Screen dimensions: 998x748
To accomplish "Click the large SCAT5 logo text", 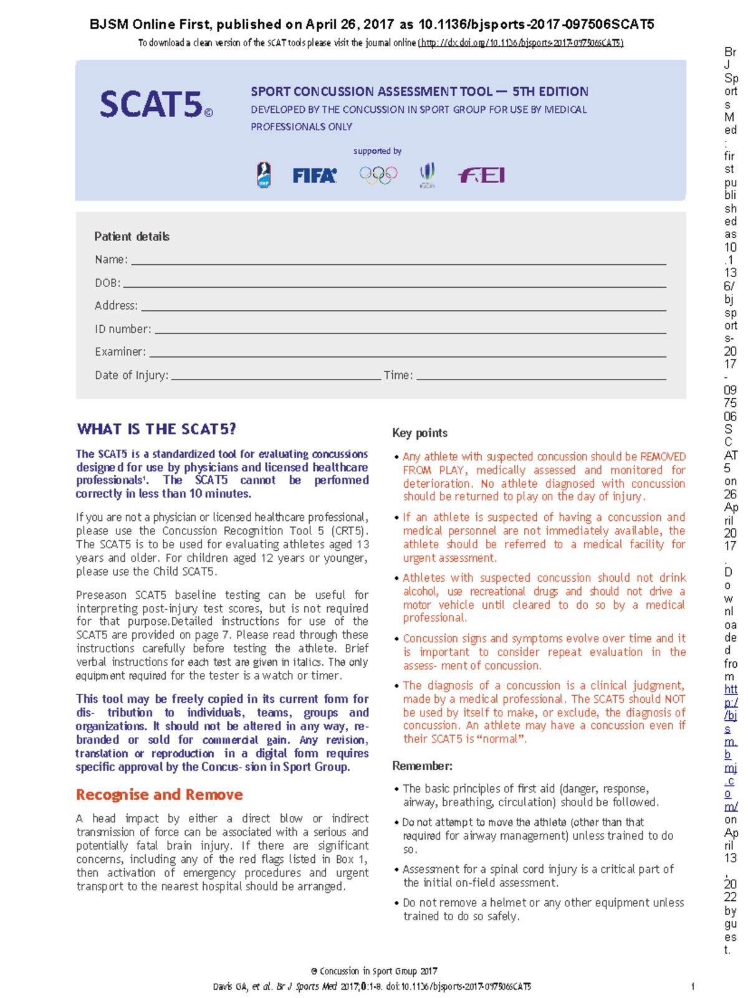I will [x=151, y=104].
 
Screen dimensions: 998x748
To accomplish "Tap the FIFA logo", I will [x=315, y=176].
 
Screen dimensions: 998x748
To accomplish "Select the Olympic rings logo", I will [x=378, y=175].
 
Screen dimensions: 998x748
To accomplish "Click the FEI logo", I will [x=481, y=175].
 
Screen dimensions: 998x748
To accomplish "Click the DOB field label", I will [x=107, y=283].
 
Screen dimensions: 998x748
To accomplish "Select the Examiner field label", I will [x=120, y=352].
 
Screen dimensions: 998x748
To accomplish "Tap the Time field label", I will [x=398, y=375].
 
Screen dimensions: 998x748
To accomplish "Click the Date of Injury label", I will [x=131, y=375].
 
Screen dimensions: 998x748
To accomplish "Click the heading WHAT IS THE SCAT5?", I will [x=156, y=429].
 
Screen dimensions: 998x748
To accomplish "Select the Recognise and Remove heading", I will [x=159, y=795].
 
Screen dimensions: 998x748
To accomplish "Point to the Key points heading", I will [x=420, y=433].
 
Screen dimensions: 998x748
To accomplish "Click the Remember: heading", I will [x=422, y=766].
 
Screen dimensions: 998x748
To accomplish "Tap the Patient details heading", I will [x=132, y=237].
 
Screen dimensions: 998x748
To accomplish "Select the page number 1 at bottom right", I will [x=693, y=986].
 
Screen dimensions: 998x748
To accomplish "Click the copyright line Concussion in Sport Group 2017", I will [x=374, y=971].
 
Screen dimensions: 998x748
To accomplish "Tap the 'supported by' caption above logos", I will [x=377, y=151].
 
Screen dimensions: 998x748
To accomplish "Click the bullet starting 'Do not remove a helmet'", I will [x=542, y=909].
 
